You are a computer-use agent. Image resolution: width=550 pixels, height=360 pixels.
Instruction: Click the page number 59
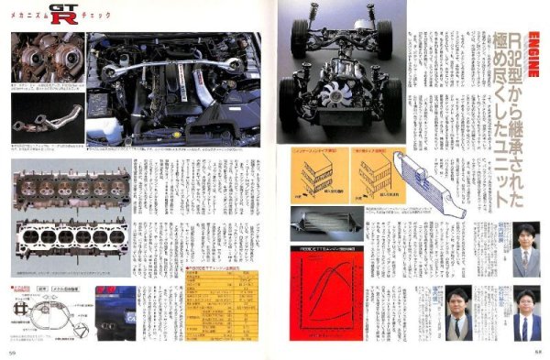15,350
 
